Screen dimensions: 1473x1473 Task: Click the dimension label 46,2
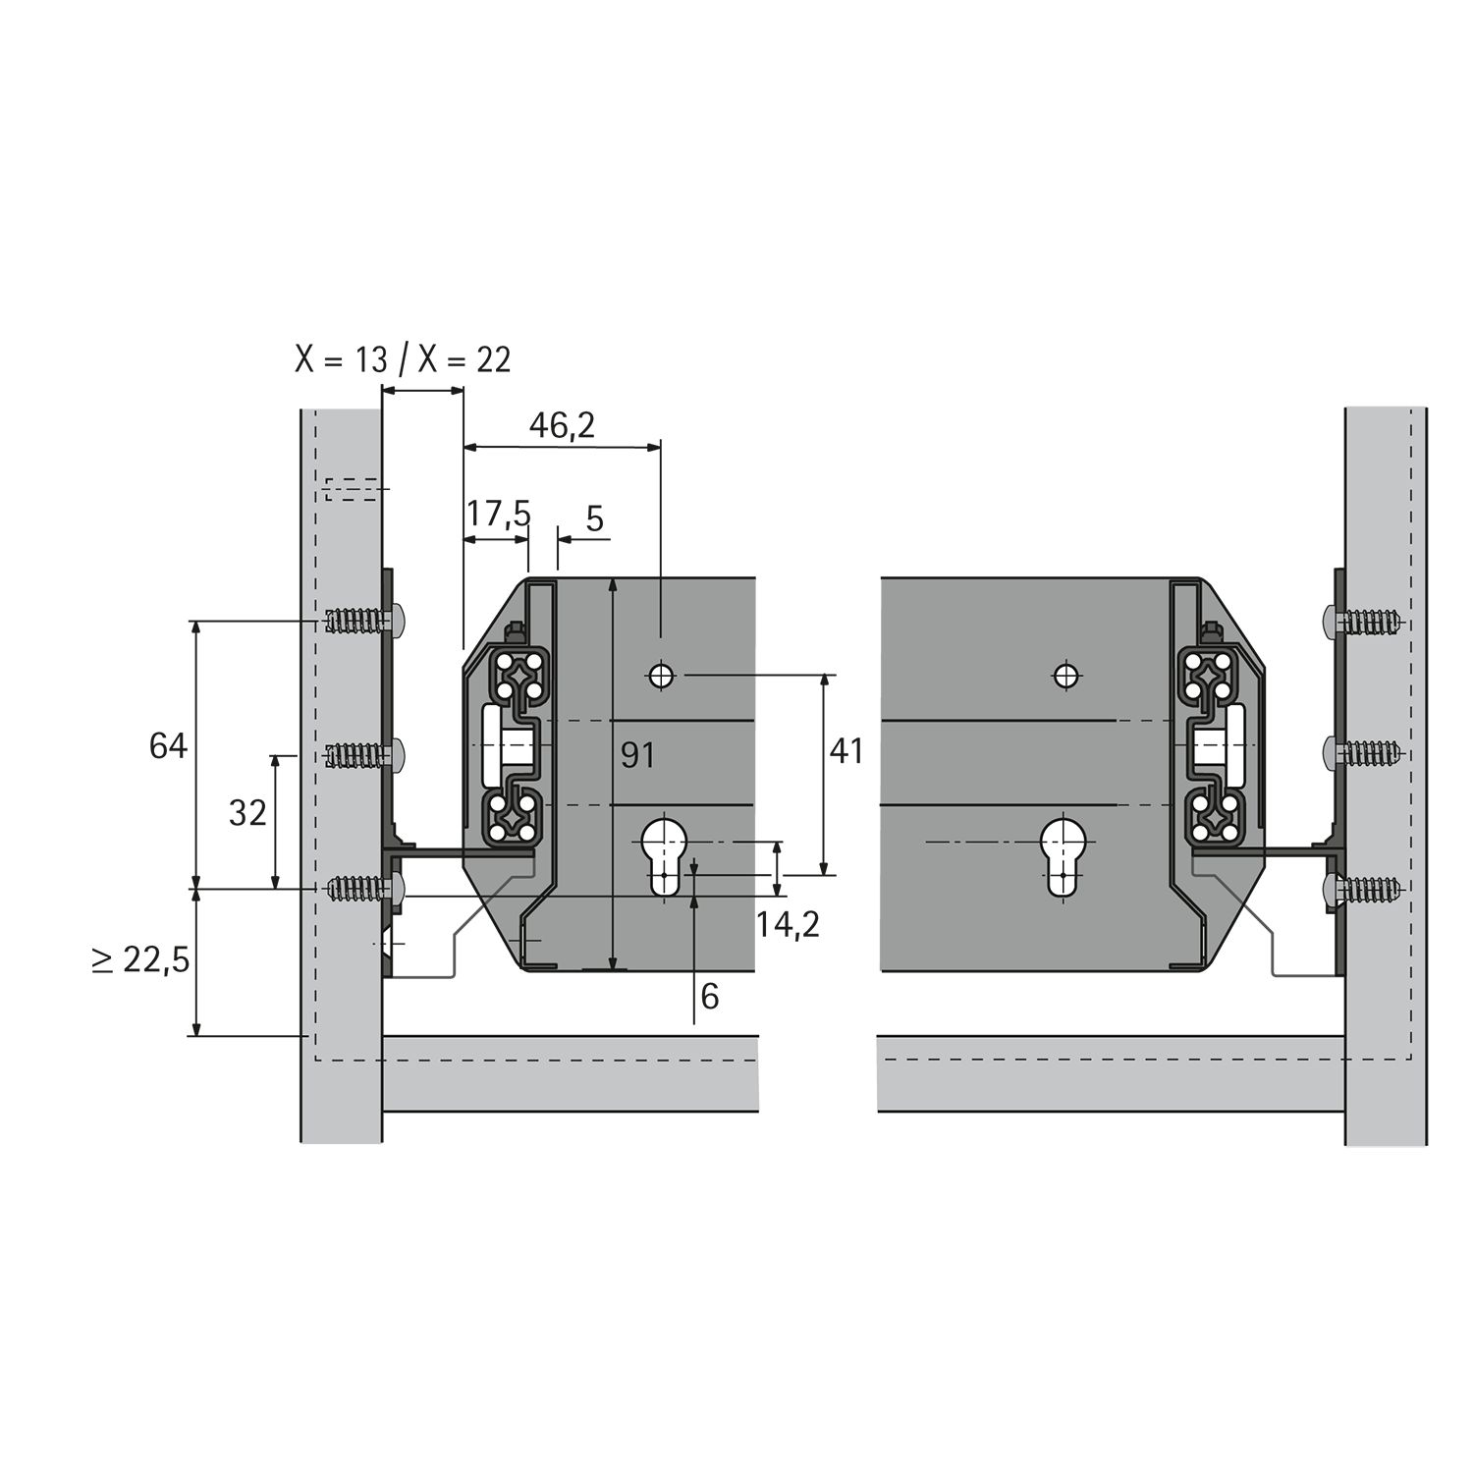tap(562, 425)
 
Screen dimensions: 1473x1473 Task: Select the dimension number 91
tap(638, 755)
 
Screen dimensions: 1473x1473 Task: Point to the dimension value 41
tap(846, 751)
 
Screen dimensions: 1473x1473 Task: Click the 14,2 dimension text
tap(788, 924)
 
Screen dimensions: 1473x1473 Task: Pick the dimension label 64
tap(168, 746)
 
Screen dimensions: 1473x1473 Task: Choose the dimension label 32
tap(247, 812)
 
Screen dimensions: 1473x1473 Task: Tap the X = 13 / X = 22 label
tap(404, 359)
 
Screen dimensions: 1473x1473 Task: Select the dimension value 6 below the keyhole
tap(709, 997)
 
